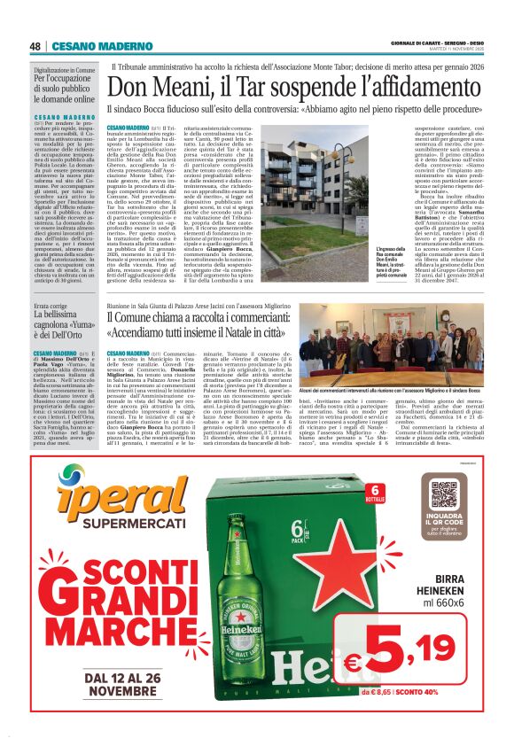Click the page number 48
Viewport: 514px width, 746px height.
coord(35,46)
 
